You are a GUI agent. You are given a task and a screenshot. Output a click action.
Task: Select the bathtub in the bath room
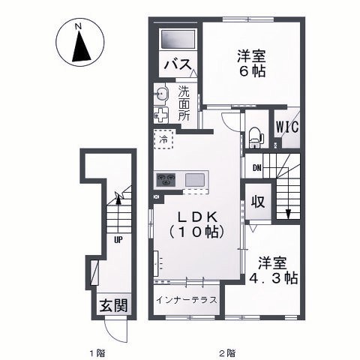(x=177, y=37)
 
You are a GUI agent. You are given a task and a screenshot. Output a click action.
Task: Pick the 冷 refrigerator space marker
(x=163, y=139)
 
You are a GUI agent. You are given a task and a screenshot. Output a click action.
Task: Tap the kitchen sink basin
(x=194, y=179)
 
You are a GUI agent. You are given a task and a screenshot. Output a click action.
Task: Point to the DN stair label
(x=256, y=167)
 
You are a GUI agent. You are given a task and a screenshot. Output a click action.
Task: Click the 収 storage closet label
(x=257, y=202)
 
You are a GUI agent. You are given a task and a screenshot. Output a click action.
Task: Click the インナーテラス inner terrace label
(x=187, y=300)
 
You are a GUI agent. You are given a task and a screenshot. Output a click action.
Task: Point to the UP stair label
(x=118, y=241)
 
